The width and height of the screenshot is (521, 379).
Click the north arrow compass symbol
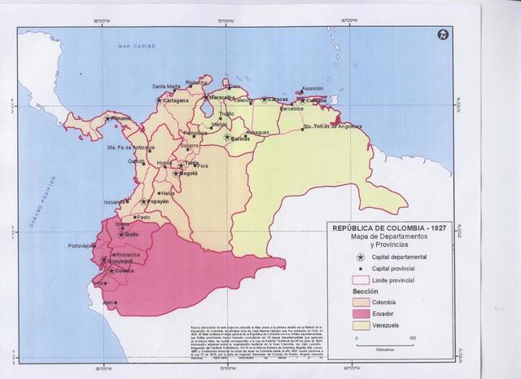click(442, 33)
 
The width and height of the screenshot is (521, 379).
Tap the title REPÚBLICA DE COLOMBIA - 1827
click(382, 229)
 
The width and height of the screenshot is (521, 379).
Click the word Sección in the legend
click(343, 290)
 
